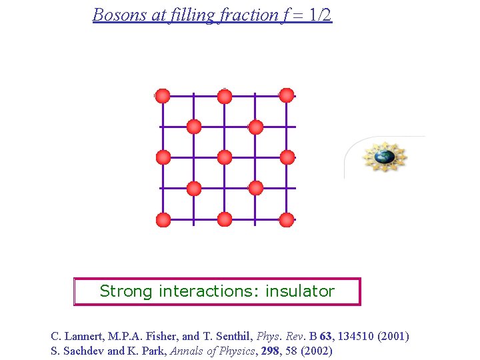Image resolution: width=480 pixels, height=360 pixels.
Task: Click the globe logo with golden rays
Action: tap(384, 157)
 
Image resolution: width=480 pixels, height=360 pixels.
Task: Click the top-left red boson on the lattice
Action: tap(163, 96)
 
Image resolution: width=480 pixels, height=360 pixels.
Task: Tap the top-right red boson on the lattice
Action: tap(287, 95)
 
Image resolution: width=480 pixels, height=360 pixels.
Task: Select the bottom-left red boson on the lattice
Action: tap(163, 219)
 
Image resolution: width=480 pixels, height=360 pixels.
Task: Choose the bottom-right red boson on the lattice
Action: tap(287, 219)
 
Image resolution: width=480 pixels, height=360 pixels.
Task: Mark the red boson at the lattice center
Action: tap(225, 157)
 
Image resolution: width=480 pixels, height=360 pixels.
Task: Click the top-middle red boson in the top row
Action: tap(225, 96)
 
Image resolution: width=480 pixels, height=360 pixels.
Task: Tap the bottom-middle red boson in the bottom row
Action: tap(225, 219)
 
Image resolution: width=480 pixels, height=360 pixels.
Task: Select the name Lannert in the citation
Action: tap(83, 336)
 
